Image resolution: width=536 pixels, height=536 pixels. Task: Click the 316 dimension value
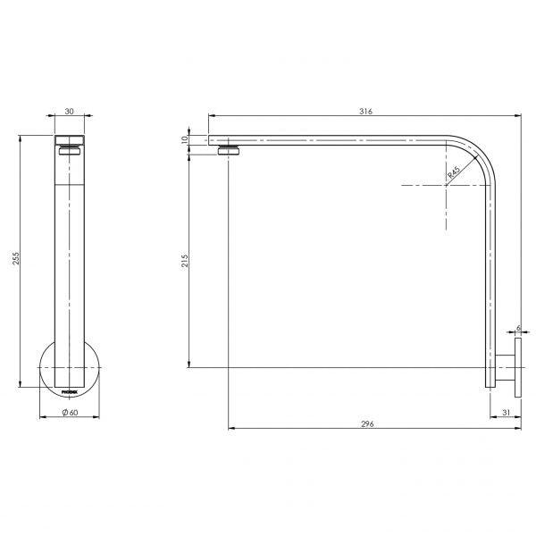click(x=365, y=111)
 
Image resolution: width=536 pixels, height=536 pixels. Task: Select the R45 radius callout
click(x=455, y=173)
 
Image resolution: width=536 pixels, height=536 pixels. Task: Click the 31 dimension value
click(x=506, y=412)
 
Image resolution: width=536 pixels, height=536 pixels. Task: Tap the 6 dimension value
click(x=517, y=329)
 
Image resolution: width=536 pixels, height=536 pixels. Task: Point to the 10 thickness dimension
click(x=184, y=139)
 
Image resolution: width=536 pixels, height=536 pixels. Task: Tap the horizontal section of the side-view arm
click(x=339, y=140)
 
